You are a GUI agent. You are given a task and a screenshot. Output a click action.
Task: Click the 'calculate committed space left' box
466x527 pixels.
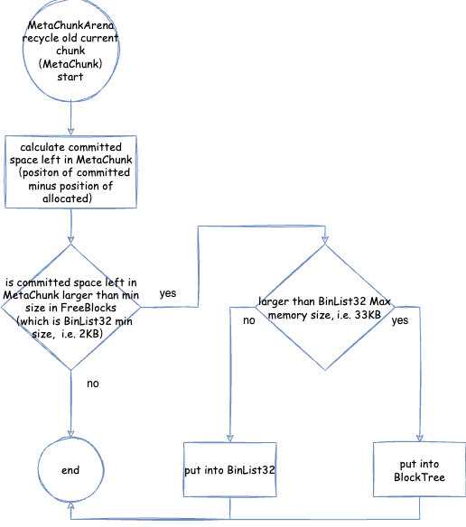(x=70, y=172)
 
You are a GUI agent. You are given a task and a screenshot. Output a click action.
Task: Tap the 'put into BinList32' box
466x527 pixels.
(x=229, y=469)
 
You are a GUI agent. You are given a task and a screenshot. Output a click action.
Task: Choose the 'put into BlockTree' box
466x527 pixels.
(x=420, y=469)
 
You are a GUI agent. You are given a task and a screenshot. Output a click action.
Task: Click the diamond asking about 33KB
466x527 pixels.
(x=325, y=307)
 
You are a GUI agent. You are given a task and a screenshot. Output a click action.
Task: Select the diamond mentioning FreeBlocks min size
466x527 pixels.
(x=70, y=307)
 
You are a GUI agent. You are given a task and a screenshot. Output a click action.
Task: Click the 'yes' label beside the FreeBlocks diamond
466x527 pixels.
(x=168, y=293)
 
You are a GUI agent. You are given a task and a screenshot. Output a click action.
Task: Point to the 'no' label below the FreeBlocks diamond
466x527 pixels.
(x=93, y=384)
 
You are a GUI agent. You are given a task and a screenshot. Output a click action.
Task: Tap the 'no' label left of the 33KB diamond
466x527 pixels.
(x=249, y=320)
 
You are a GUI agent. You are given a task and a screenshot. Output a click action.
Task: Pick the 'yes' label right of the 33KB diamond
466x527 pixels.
(x=400, y=320)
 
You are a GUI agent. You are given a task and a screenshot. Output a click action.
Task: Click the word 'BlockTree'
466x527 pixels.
(x=420, y=477)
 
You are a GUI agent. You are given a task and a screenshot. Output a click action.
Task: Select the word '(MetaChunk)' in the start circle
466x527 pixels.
(x=70, y=63)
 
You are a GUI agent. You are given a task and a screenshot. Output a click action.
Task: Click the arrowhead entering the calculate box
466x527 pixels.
(x=70, y=132)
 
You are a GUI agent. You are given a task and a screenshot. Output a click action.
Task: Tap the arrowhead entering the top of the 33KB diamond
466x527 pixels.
(x=325, y=240)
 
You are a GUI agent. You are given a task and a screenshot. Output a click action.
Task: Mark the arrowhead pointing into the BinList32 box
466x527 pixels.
(x=229, y=438)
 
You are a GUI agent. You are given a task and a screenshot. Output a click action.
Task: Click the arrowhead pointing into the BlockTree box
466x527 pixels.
(x=420, y=438)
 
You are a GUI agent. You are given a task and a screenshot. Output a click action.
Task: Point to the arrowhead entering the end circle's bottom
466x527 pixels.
(x=70, y=506)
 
